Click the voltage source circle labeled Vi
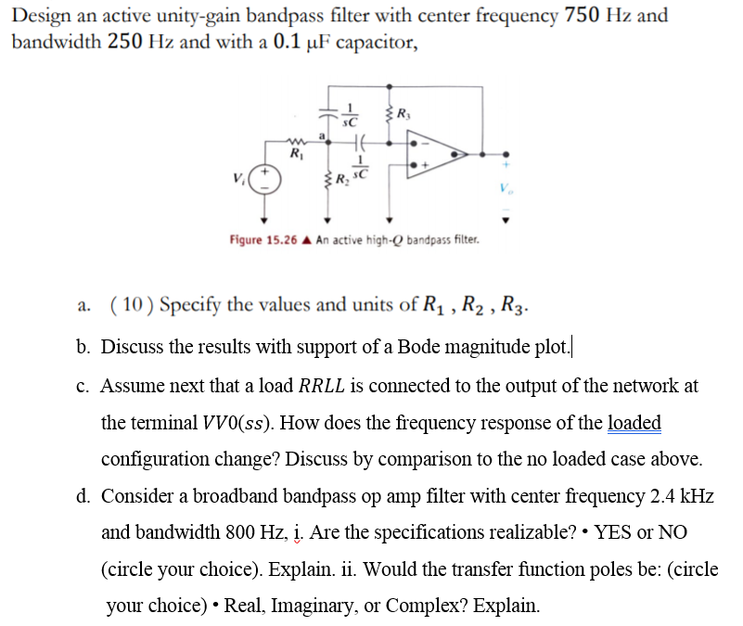(263, 178)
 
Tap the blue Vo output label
(506, 198)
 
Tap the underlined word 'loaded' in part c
(634, 423)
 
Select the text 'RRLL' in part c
(328, 386)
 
